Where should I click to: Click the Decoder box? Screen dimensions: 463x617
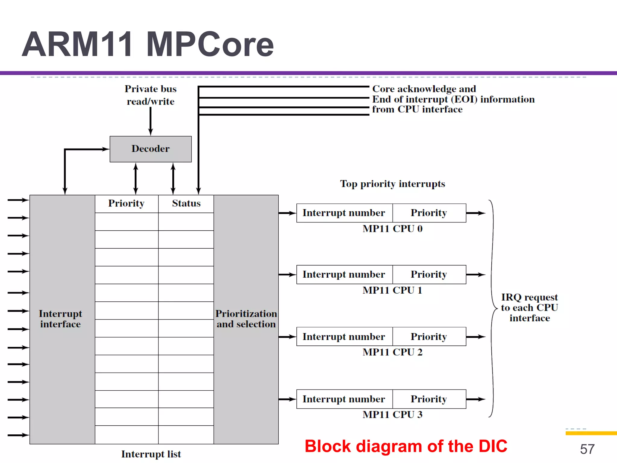(150, 149)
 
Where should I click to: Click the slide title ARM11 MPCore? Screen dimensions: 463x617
(148, 44)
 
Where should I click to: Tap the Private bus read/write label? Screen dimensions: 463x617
(150, 95)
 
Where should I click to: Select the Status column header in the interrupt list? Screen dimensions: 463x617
(186, 203)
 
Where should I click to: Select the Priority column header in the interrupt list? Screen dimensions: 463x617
(126, 203)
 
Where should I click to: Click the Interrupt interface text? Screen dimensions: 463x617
(60, 319)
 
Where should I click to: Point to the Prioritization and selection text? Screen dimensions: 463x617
(246, 319)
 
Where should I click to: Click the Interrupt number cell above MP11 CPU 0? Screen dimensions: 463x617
(344, 213)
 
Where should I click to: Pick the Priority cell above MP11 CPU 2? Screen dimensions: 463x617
(429, 336)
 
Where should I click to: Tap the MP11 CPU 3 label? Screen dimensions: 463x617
(392, 414)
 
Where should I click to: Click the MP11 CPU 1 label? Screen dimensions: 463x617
(392, 290)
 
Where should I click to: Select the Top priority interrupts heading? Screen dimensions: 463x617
(392, 184)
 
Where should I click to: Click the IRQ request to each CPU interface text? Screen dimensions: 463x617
(529, 307)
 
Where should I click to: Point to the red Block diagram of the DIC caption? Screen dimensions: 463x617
(406, 446)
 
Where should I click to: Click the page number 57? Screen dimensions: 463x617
(587, 449)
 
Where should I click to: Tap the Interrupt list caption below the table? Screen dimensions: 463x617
(151, 454)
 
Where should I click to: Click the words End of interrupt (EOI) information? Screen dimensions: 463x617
(453, 99)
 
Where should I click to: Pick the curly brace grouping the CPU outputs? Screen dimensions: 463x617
(493, 308)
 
